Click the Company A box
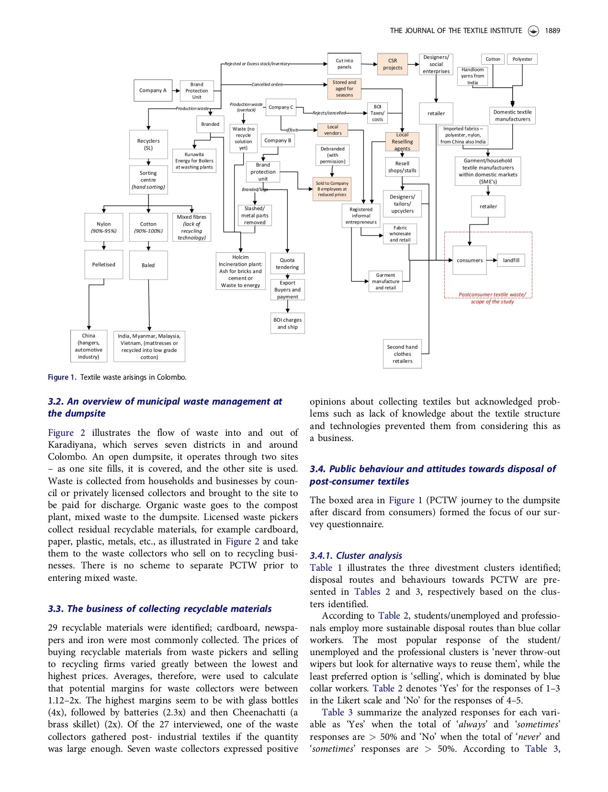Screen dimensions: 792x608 pos(153,91)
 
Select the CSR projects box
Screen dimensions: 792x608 pos(393,64)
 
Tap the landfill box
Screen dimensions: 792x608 pos(511,260)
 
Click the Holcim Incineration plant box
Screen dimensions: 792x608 pos(240,271)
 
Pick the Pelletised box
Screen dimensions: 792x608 pos(103,264)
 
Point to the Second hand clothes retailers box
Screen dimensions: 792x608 pos(402,354)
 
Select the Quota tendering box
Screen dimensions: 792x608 pos(287,264)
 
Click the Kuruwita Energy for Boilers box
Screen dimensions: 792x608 pos(194,161)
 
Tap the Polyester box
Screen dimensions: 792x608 pos(522,59)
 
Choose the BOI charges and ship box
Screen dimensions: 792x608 pos(287,323)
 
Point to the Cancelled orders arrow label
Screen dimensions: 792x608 pos(267,85)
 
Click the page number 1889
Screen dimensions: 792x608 pos(552,31)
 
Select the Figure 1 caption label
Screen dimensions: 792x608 pos(61,377)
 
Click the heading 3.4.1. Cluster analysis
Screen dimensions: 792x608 pos(356,555)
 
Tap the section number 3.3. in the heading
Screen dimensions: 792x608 pos(56,609)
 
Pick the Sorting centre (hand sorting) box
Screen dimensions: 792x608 pos(148,180)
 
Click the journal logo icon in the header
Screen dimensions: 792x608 pos(533,31)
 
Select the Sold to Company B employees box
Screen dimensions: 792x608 pos(332,189)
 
